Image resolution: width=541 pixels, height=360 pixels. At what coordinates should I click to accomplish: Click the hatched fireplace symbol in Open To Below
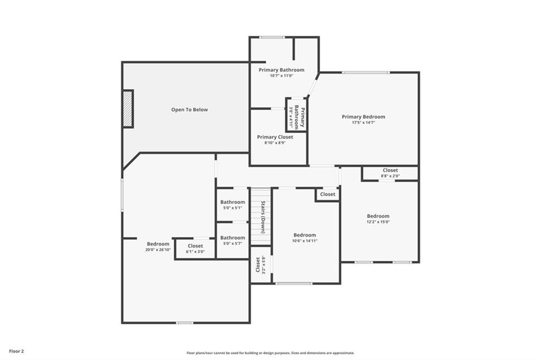coord(128,108)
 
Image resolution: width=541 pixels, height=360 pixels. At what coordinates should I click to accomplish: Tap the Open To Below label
coord(189,110)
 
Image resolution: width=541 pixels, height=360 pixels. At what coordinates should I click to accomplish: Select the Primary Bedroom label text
coord(363,117)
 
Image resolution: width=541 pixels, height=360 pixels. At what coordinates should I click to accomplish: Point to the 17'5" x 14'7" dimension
coord(363,122)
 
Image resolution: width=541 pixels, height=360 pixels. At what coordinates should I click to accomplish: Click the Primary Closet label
coord(275,137)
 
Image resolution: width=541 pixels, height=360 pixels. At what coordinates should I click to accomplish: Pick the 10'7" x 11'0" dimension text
coord(281,76)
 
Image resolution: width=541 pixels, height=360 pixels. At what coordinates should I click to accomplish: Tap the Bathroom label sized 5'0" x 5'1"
coord(232,202)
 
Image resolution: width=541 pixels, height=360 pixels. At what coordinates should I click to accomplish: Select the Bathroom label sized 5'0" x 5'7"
coord(232,238)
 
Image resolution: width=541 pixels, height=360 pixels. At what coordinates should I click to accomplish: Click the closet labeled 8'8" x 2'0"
coord(390,173)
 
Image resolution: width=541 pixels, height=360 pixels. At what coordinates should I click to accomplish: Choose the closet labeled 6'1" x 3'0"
coord(195,248)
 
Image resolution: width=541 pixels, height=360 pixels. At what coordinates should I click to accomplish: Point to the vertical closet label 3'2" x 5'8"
coord(260,264)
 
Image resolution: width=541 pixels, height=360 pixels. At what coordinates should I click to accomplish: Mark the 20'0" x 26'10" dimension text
coord(158,250)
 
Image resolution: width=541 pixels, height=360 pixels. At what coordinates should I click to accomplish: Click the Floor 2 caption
coord(15,350)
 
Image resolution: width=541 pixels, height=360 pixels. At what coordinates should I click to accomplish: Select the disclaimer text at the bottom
coord(270,353)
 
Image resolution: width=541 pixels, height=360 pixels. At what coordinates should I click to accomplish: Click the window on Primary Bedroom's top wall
coord(365,72)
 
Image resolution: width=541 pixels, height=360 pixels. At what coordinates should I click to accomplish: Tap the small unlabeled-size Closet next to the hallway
coord(328,194)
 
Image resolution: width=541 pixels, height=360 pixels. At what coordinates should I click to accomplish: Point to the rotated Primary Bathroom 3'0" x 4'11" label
coord(296,115)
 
